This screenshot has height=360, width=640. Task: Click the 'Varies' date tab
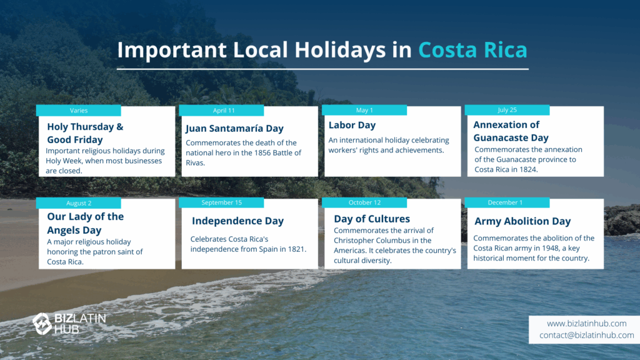[78, 111]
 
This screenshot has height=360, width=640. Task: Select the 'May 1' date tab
[364, 110]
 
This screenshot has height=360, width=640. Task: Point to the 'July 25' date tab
[507, 110]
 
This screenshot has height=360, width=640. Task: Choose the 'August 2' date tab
[78, 203]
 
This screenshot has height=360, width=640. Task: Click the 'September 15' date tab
[221, 203]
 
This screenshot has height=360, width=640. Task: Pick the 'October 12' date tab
[364, 203]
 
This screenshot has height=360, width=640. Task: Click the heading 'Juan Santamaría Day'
[235, 129]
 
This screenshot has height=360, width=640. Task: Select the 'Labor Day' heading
[352, 125]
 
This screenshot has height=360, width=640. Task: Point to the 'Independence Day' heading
[237, 221]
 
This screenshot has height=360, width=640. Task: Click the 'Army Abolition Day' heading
[522, 221]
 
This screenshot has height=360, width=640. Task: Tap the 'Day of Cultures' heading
[372, 219]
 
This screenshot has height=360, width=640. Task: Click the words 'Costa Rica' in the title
[472, 50]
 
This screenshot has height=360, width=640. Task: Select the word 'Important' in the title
[172, 50]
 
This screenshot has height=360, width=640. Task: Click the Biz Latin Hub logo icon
[42, 324]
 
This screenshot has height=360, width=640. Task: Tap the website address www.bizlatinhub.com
[586, 324]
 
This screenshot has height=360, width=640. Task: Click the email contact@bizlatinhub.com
[586, 335]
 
